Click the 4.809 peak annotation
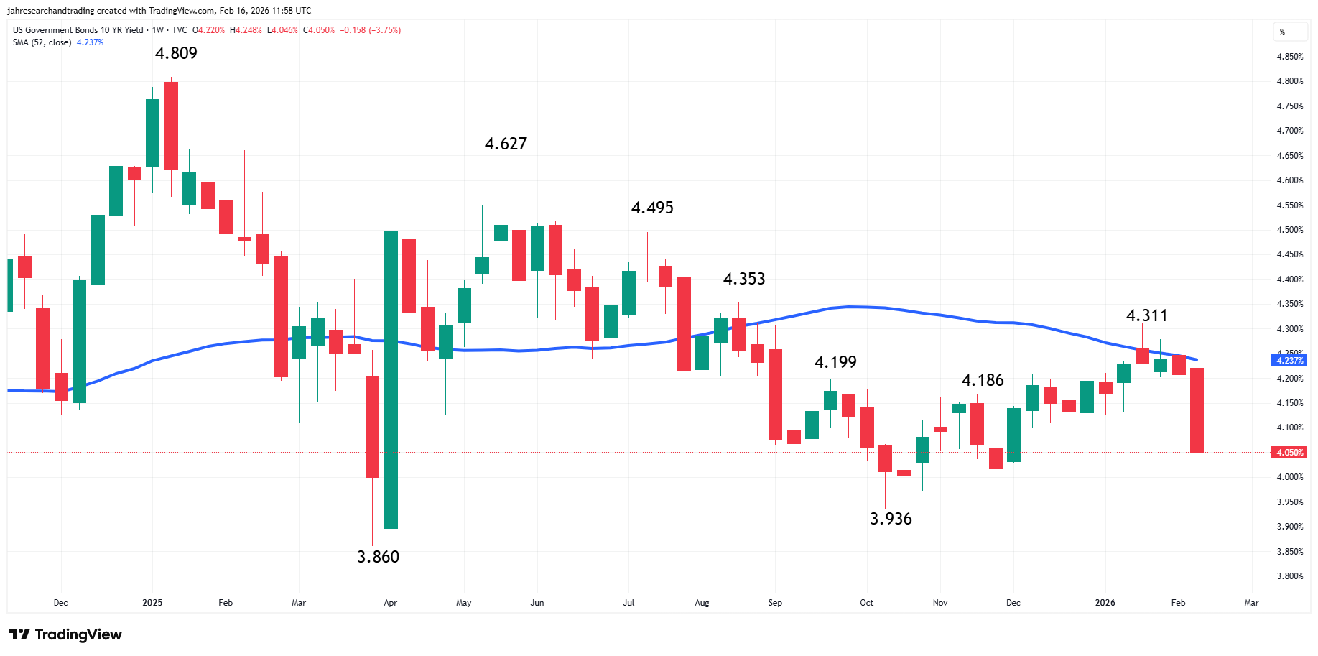[x=176, y=53]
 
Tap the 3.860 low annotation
[x=378, y=557]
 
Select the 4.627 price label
[x=506, y=144]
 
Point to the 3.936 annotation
[x=891, y=519]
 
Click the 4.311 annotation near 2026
[x=1146, y=315]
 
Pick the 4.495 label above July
[x=652, y=208]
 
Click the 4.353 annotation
[x=744, y=279]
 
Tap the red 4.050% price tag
[x=1289, y=453]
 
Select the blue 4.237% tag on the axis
[x=1289, y=361]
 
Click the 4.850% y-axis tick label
[x=1289, y=57]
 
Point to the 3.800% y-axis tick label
[x=1289, y=576]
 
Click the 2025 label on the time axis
[x=152, y=603]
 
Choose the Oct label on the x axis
[x=866, y=603]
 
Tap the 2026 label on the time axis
[x=1105, y=603]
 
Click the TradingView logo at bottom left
[x=65, y=634]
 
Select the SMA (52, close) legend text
[x=42, y=42]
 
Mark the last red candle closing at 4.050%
[x=1197, y=410]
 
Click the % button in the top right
[x=1282, y=32]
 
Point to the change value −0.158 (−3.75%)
[x=370, y=30]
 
